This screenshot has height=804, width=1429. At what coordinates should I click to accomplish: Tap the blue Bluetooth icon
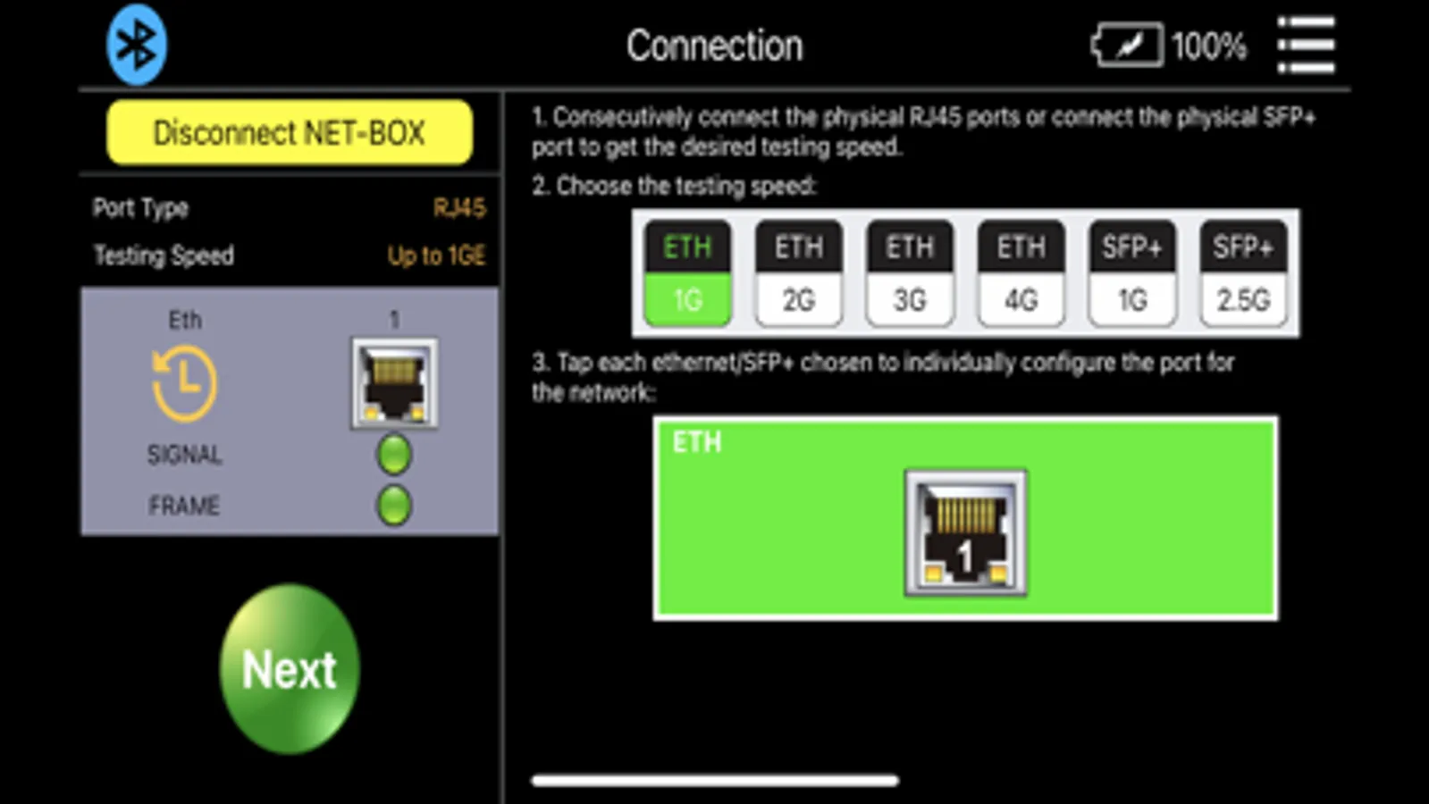coord(137,45)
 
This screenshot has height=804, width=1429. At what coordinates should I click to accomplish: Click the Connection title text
coord(715,46)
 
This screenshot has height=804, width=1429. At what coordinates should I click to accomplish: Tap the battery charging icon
coord(1127,45)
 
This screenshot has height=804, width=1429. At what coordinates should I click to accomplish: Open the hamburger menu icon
coord(1306,46)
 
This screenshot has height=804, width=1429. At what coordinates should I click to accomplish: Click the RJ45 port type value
coord(459,208)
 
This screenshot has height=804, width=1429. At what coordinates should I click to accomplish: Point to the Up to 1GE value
coord(436,255)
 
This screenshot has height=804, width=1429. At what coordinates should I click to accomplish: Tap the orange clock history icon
coord(184,383)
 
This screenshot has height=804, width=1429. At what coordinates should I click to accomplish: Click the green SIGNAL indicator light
coord(394,455)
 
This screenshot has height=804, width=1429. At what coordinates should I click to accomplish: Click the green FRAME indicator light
coord(394,506)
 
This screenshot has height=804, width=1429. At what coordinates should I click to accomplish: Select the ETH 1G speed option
coord(687,273)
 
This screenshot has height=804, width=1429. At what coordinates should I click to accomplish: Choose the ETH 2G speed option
coord(799,273)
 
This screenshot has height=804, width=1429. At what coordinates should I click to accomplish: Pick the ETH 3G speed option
coord(910,273)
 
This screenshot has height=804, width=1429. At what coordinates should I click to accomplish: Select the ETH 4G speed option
coord(1021,273)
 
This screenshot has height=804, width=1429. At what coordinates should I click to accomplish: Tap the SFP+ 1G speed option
coord(1132,273)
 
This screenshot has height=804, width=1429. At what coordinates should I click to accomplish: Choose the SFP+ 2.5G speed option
coord(1243,273)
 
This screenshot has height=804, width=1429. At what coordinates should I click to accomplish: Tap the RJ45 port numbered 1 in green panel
coord(966,533)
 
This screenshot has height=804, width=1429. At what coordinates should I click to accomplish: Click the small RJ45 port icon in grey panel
coord(394,383)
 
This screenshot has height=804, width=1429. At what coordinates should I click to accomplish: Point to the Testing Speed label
coord(164,255)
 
